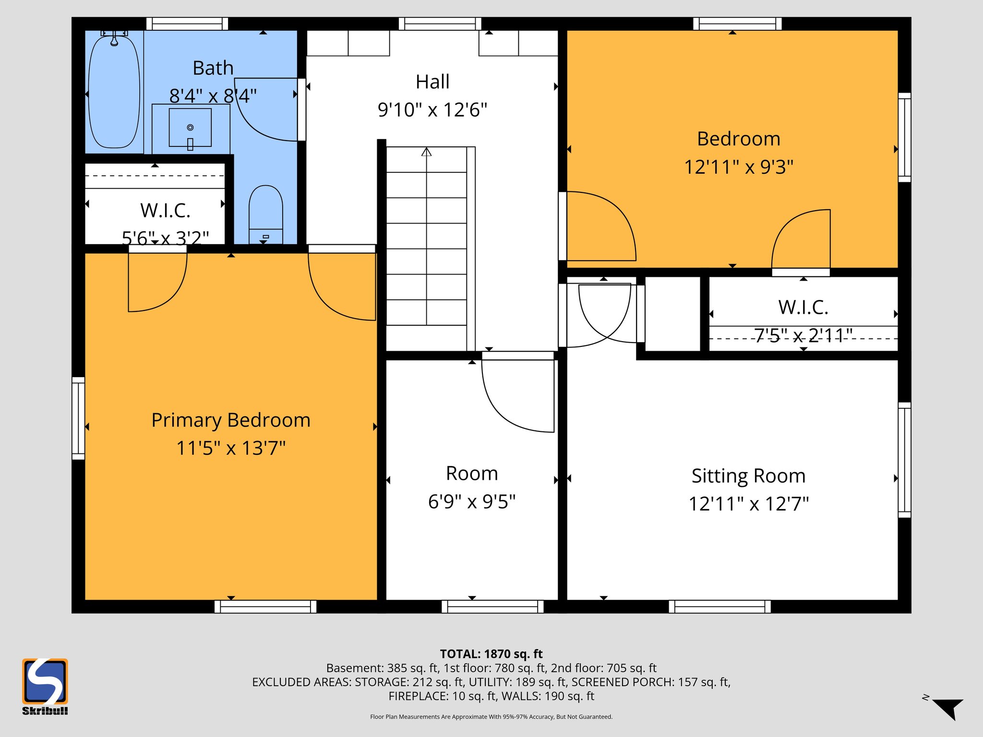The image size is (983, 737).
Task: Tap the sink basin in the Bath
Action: point(190,128)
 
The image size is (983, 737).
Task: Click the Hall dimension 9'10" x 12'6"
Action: point(432,110)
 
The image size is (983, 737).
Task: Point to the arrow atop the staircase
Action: point(426,152)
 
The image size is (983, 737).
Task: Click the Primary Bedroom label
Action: point(231,420)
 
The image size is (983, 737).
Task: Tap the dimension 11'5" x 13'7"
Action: point(231,448)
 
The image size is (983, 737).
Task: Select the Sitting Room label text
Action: point(748,476)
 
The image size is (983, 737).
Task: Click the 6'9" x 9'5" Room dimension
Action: point(471,502)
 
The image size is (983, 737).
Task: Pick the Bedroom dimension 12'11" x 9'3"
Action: point(738,167)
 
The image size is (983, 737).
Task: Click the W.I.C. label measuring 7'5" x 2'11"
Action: point(803,308)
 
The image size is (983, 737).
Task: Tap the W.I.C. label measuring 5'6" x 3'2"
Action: point(165,211)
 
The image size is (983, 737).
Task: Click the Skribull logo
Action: point(45,686)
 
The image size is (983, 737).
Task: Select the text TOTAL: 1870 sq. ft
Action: point(491,654)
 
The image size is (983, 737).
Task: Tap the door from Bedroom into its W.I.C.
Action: point(801,240)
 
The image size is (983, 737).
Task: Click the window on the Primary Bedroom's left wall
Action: point(78,418)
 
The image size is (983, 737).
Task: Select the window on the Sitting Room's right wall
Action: point(904,460)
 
